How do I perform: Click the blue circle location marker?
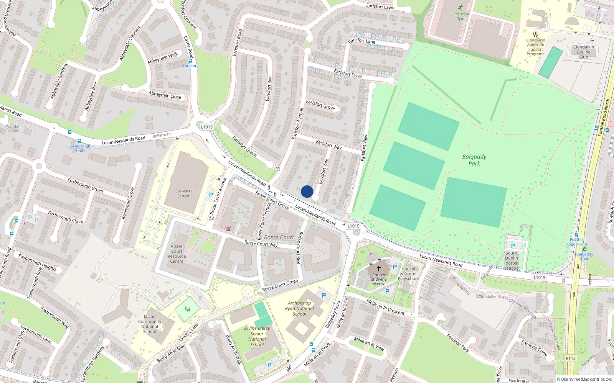click(x=307, y=191)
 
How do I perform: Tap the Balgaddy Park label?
click(x=474, y=160)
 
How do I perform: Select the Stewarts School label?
click(x=184, y=193)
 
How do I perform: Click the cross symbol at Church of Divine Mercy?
click(x=379, y=268)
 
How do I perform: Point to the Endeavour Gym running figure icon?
click(x=460, y=8)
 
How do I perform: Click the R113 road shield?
click(x=571, y=358)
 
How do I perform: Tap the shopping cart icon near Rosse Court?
click(x=228, y=229)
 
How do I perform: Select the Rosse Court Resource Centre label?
click(x=177, y=254)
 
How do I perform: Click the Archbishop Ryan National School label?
click(x=300, y=308)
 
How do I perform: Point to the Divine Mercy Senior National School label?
click(x=257, y=336)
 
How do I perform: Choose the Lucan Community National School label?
click(x=150, y=324)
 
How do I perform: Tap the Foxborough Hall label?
click(x=79, y=148)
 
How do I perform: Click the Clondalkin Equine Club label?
click(x=583, y=52)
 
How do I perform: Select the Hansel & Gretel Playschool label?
click(x=408, y=273)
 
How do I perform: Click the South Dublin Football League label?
click(x=511, y=260)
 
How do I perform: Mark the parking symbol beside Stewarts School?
click(x=211, y=195)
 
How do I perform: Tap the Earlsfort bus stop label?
click(x=190, y=65)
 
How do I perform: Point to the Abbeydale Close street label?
click(x=165, y=95)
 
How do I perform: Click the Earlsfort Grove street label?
click(x=320, y=105)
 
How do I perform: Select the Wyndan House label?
click(x=13, y=128)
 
